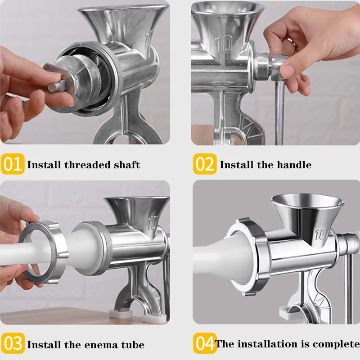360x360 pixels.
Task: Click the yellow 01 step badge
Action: tap(13, 164)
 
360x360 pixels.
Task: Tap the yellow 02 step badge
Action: tap(205, 164)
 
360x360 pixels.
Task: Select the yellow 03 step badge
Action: tap(13, 343)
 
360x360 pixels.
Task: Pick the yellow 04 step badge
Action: tap(205, 343)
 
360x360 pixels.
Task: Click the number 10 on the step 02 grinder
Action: tap(223, 44)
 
